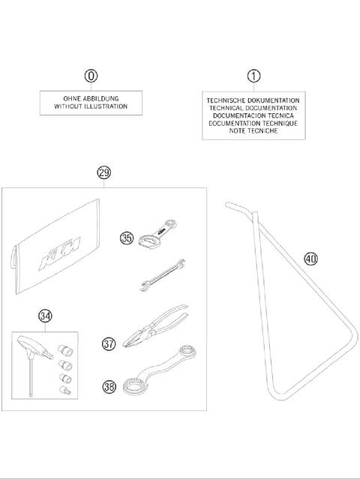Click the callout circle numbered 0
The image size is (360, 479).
(91, 76)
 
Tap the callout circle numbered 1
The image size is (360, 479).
(253, 76)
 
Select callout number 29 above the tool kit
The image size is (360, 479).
(104, 173)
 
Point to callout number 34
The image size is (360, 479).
(46, 316)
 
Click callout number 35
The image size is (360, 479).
(127, 238)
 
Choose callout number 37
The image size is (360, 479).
(109, 344)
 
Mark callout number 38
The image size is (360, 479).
(109, 387)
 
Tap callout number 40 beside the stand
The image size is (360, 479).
(310, 259)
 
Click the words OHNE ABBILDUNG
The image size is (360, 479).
(91, 98)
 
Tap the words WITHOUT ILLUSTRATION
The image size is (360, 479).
(91, 107)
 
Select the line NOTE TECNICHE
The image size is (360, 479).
(253, 130)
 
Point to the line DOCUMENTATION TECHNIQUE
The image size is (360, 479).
(253, 123)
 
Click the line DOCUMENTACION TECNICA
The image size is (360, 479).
(253, 115)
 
